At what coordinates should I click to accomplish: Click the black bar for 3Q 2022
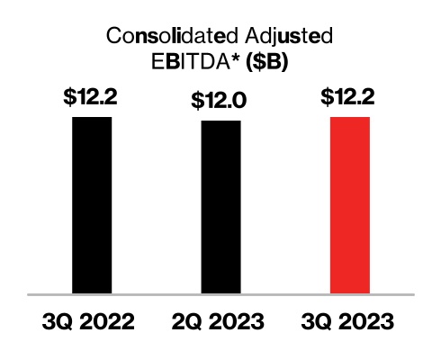92,204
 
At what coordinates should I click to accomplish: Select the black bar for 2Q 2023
220,207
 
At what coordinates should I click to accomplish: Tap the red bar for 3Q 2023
350,204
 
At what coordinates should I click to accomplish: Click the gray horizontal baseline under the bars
220,294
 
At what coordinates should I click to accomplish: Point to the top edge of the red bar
350,118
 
